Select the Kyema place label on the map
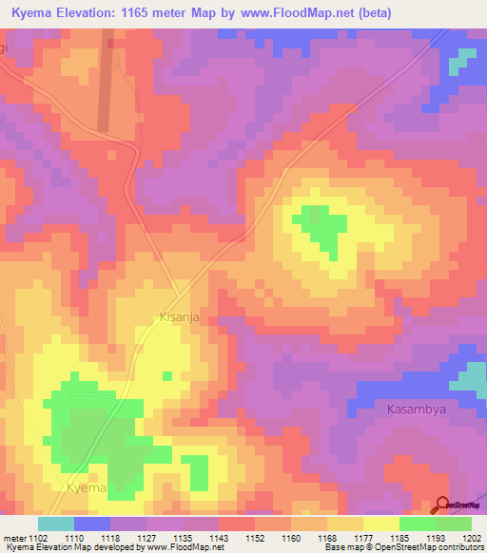(86, 487)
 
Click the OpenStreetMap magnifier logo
(441, 505)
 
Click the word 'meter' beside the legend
(13, 537)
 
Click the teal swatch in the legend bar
(55, 524)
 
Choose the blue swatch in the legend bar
(91, 524)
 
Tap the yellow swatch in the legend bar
(380, 524)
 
